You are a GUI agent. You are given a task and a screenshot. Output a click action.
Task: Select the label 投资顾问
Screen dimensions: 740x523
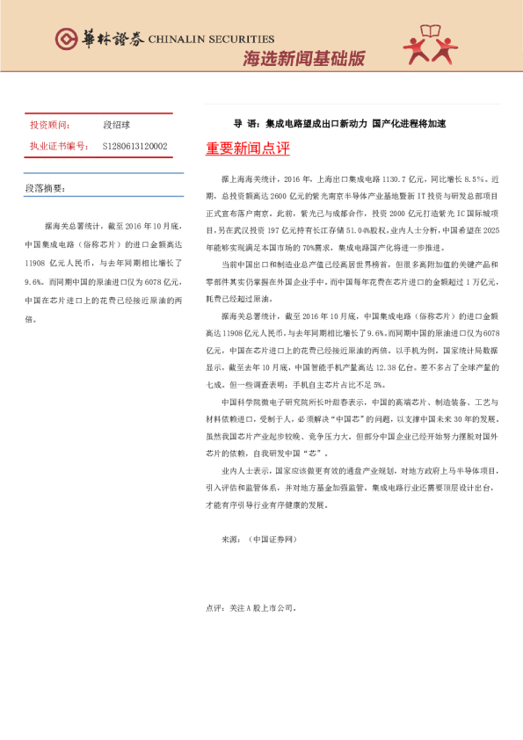(x=49, y=126)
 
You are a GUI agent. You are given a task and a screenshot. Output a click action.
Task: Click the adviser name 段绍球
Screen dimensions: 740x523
(x=116, y=126)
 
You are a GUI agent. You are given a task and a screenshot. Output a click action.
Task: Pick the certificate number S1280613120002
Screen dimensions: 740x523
(x=134, y=146)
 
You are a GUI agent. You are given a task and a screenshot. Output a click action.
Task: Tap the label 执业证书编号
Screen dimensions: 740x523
(x=55, y=146)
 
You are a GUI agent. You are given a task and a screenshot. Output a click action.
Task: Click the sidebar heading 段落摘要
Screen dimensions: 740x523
(x=46, y=188)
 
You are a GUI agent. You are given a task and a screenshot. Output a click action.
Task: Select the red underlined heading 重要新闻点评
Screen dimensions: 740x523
(x=248, y=149)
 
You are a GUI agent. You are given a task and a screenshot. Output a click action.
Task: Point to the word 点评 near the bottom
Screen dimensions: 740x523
(x=214, y=606)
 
